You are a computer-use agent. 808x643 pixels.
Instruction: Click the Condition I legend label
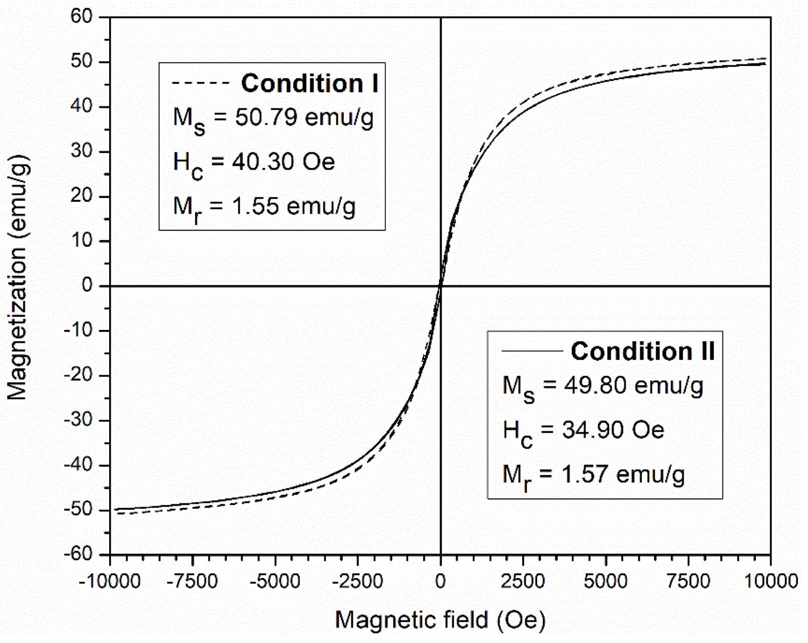tap(309, 83)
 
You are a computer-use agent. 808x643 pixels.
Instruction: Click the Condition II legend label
tap(643, 351)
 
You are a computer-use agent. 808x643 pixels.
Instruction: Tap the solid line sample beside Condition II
tap(532, 351)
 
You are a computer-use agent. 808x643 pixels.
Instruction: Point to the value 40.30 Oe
tap(283, 162)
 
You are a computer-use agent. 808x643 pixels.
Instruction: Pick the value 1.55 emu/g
tap(294, 206)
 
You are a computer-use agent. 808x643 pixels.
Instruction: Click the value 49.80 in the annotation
tap(596, 386)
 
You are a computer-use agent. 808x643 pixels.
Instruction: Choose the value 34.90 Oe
tap(613, 430)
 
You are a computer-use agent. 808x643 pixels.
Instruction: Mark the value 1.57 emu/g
tap(623, 474)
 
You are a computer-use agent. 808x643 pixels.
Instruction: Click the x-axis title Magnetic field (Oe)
tap(440, 620)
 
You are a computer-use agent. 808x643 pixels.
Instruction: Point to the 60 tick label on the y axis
tap(81, 17)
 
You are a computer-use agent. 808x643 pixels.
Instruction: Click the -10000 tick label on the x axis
tap(110, 581)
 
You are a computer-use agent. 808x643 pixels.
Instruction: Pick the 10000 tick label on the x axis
tap(770, 581)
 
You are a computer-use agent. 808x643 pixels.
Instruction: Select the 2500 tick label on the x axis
tap(523, 581)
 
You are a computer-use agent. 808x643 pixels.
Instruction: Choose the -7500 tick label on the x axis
tap(192, 581)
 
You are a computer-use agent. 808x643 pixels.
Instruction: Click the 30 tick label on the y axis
tap(81, 151)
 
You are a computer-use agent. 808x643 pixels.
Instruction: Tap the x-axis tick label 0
tap(440, 581)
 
